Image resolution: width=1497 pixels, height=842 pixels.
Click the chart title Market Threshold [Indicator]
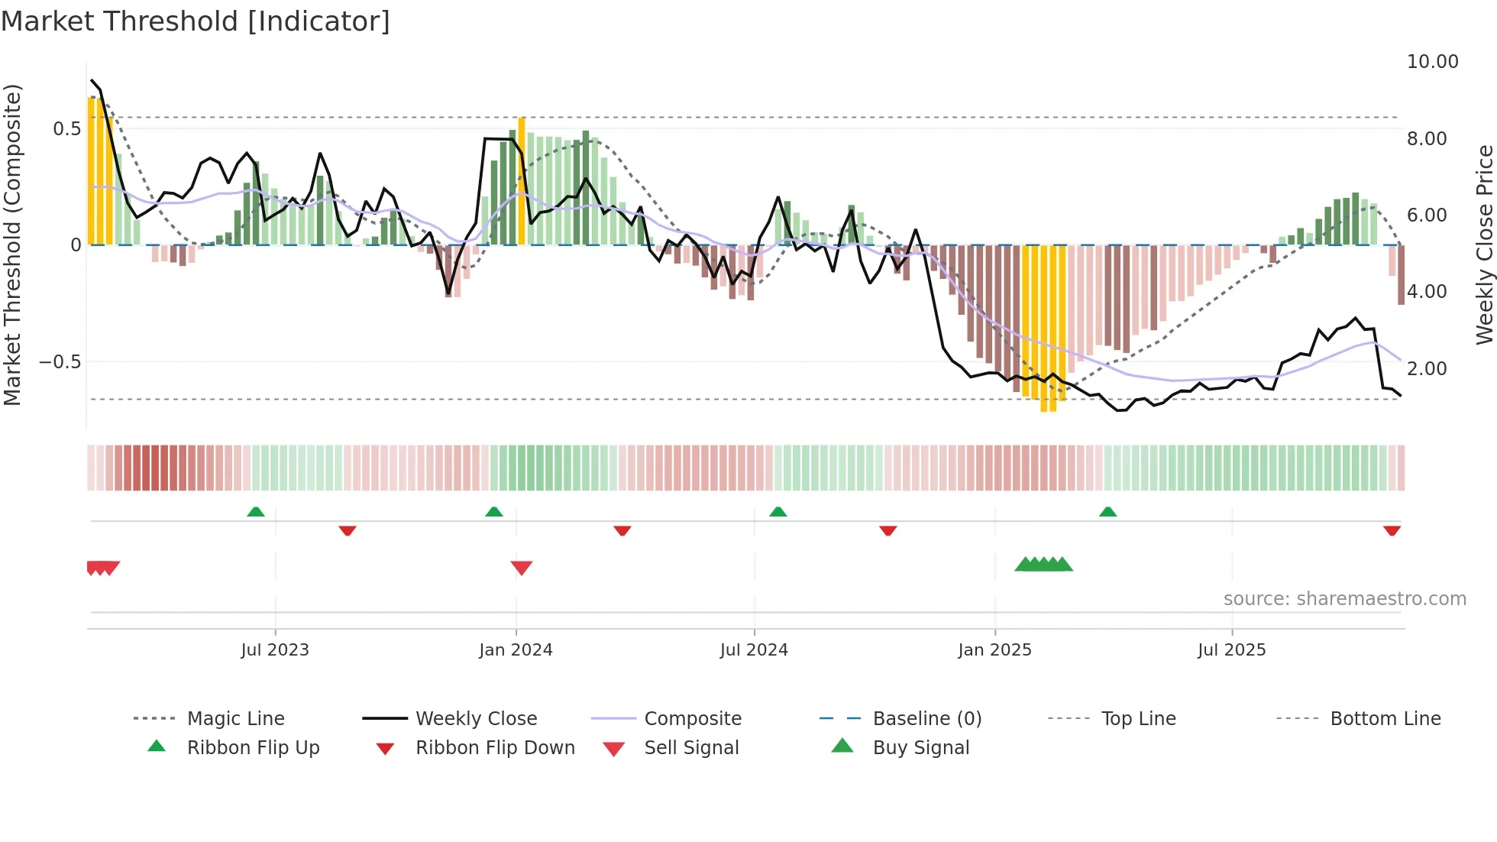196,21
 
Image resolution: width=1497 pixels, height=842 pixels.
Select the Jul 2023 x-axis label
275,650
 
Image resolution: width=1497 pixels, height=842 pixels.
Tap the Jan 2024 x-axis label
516,650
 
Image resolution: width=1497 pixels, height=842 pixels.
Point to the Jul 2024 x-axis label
754,650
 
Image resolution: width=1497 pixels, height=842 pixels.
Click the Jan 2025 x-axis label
994,650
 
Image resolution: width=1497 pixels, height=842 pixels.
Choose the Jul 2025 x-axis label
1231,650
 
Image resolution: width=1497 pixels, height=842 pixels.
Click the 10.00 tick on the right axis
1432,62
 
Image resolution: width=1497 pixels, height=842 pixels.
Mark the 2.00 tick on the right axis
1427,368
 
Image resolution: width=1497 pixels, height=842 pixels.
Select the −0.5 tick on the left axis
60,361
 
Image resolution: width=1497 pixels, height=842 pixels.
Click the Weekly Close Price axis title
1484,245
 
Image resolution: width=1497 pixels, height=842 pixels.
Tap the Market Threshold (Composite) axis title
12,245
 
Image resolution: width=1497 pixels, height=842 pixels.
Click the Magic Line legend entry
235,719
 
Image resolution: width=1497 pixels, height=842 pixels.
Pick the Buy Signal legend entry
920,748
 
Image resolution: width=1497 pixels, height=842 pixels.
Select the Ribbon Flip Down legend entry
495,748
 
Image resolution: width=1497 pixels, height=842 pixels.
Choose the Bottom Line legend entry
1385,719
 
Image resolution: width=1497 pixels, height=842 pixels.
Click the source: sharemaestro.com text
1344,599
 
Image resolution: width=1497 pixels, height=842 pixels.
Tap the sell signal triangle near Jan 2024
522,568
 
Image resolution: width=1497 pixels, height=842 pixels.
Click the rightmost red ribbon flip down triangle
1392,530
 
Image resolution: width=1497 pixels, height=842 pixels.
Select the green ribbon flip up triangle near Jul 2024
778,512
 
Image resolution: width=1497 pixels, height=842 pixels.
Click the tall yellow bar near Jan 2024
522,182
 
